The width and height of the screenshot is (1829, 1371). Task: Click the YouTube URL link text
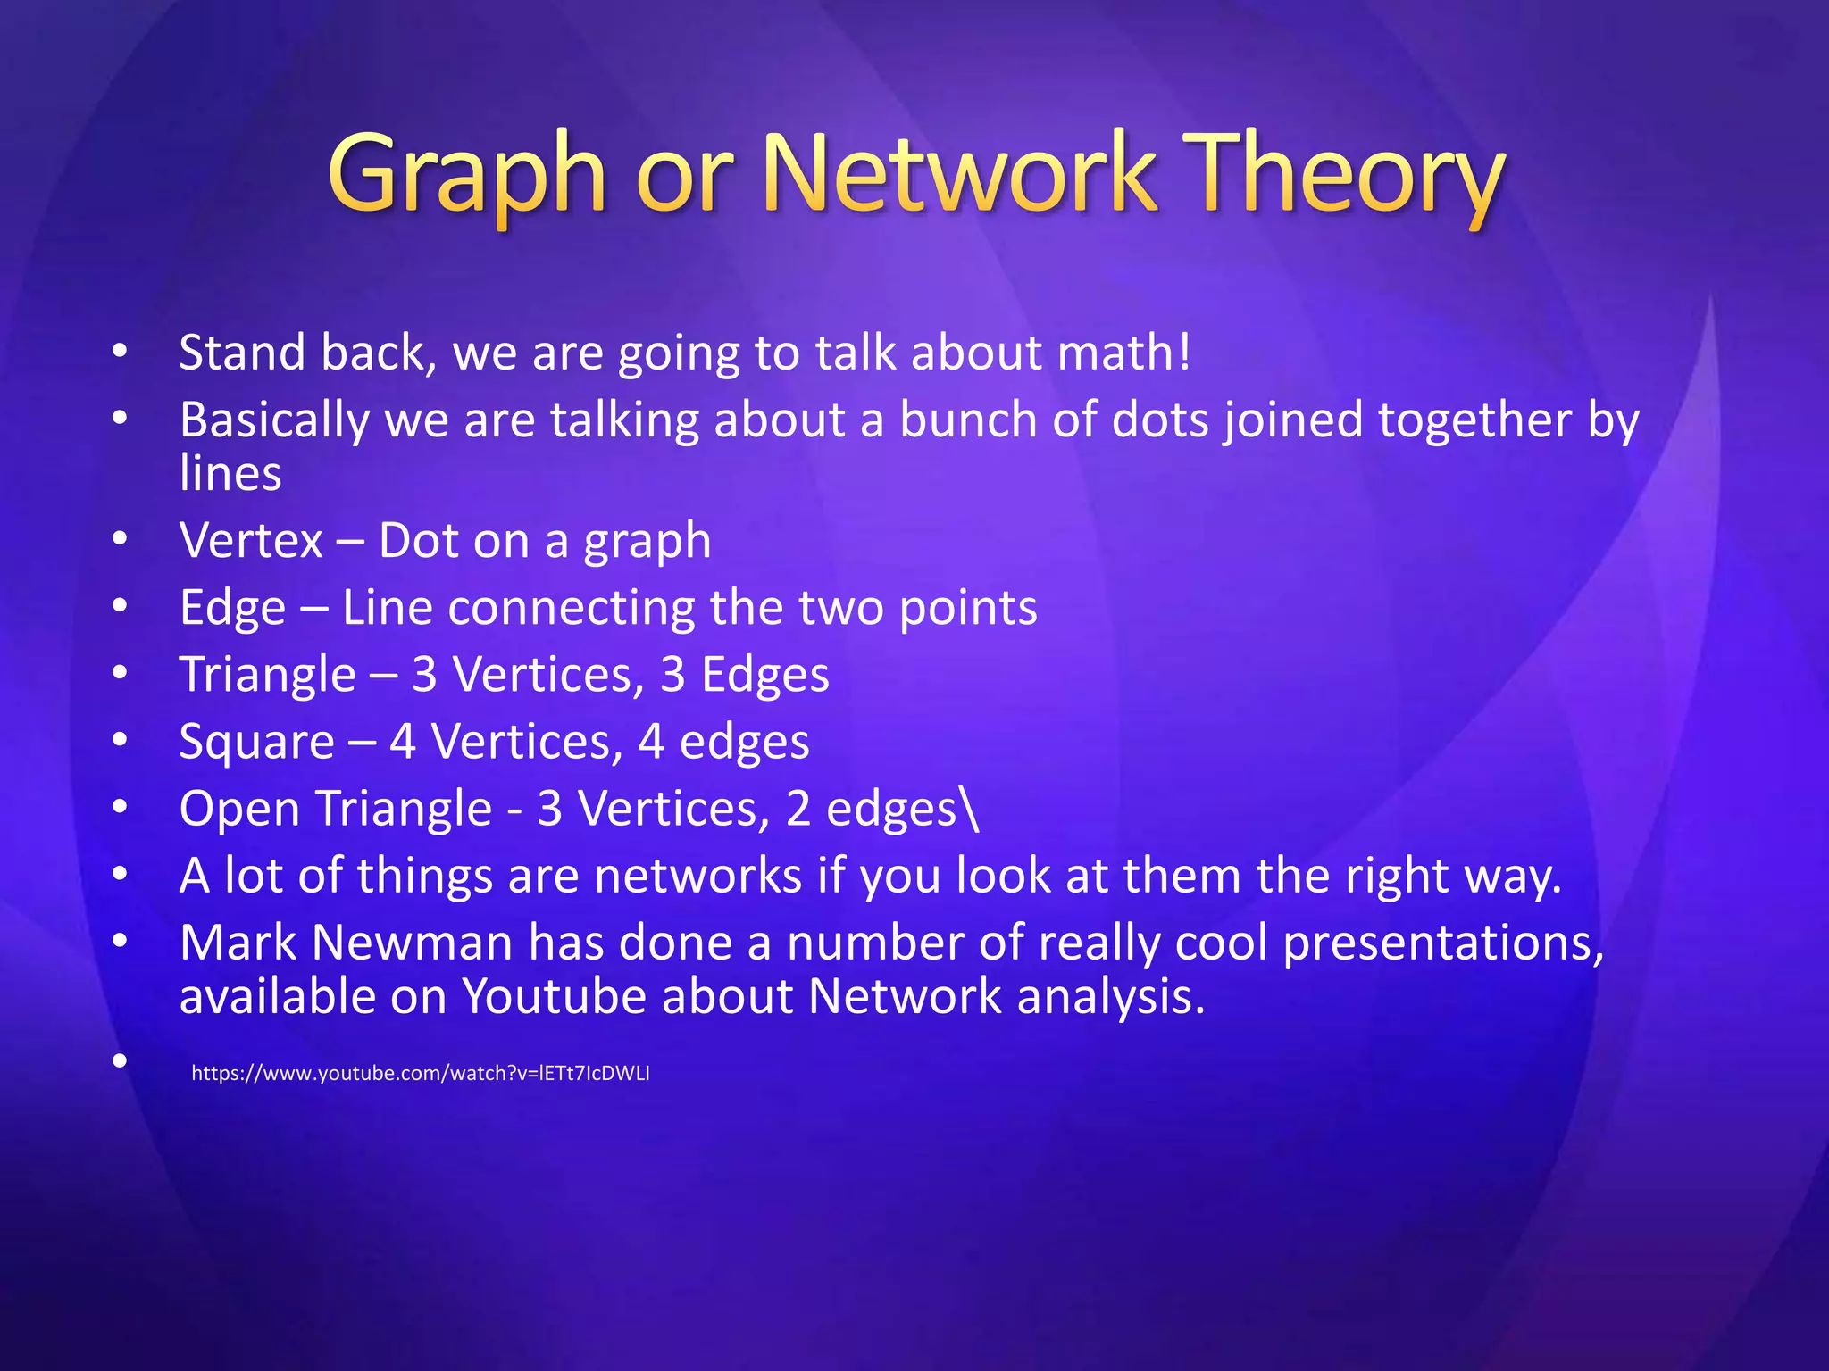420,1073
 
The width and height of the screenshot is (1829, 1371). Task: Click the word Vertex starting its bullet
251,541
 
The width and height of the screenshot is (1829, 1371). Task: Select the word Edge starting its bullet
232,609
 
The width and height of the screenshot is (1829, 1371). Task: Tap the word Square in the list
256,743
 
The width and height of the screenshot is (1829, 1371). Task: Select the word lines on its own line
230,473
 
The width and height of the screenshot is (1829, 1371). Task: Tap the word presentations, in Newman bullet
1443,944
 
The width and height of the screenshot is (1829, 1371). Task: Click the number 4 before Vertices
403,743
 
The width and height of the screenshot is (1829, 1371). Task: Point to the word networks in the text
697,876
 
